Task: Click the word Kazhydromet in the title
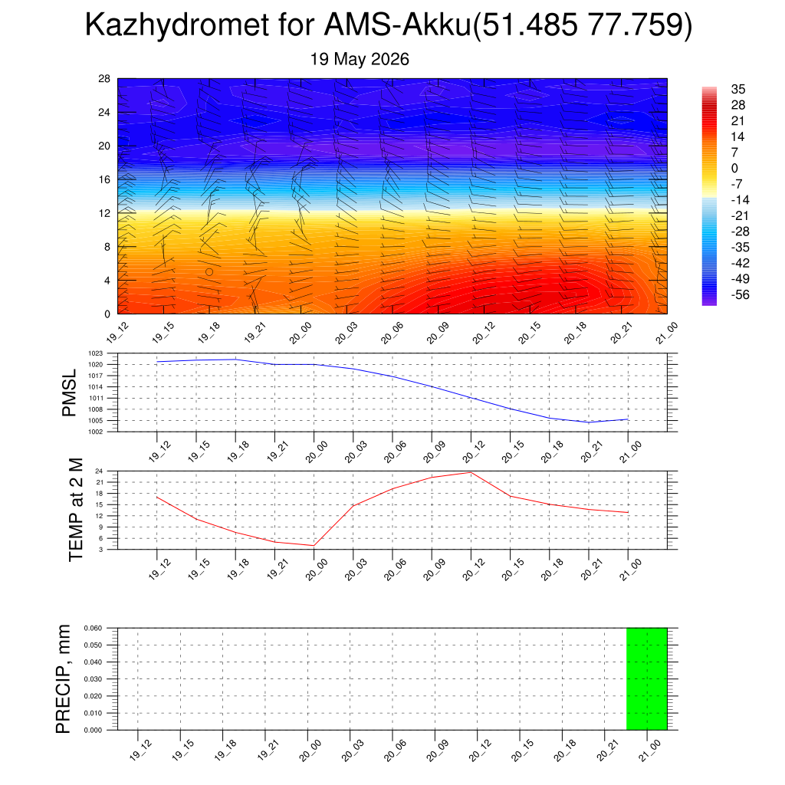[x=177, y=25]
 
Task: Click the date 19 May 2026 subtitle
[x=360, y=59]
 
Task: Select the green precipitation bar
[x=647, y=679]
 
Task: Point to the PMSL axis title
[x=69, y=393]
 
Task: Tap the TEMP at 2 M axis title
[x=75, y=510]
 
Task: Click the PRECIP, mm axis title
[x=63, y=679]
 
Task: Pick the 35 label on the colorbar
[x=738, y=89]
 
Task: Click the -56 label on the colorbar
[x=740, y=295]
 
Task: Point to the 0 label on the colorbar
[x=734, y=168]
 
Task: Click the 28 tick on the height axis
[x=104, y=79]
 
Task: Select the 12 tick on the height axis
[x=104, y=213]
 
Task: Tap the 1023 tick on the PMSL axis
[x=96, y=353]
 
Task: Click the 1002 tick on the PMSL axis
[x=96, y=432]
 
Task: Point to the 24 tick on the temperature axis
[x=99, y=471]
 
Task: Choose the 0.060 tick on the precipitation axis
[x=93, y=628]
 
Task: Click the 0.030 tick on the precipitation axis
[x=93, y=679]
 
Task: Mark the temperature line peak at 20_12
[x=471, y=472]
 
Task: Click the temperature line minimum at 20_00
[x=314, y=546]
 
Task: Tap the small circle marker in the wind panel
[x=209, y=272]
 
